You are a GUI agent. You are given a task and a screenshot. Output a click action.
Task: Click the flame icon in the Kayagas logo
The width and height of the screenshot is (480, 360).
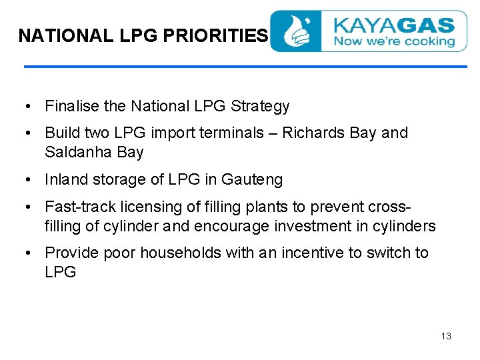pyautogui.click(x=296, y=31)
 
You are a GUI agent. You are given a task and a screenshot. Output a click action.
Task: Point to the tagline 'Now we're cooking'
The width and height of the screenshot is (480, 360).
pyautogui.click(x=393, y=41)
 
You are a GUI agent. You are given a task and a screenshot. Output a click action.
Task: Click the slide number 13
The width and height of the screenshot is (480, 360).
pyautogui.click(x=446, y=336)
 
